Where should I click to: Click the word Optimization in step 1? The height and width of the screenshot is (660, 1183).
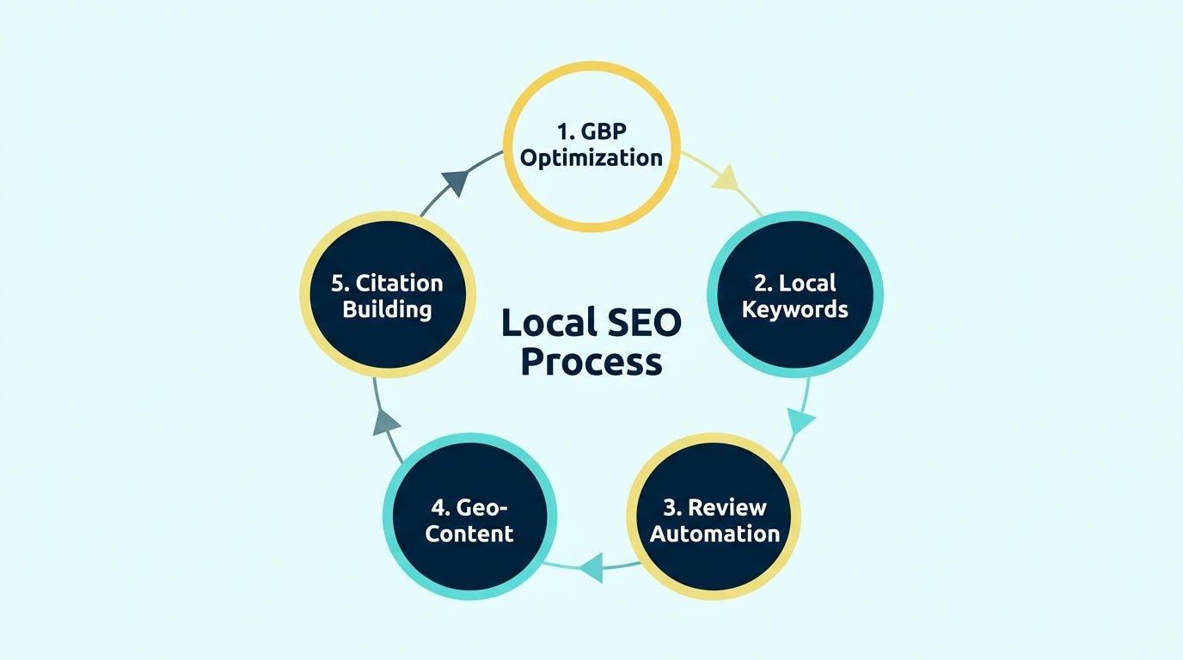point(591,159)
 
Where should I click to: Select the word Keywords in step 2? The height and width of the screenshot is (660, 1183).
point(794,309)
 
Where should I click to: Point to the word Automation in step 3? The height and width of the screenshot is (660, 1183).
point(714,534)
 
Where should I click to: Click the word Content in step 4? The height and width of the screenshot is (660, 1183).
point(469,534)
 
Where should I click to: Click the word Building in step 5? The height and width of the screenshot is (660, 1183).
point(387,309)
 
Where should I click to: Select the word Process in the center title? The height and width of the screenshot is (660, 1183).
point(591,361)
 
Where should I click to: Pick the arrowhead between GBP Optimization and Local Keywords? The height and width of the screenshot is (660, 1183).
point(725,178)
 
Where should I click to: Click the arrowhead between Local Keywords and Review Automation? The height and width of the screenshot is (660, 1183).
point(801,421)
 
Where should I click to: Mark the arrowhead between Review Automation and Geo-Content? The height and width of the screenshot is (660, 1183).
point(591,567)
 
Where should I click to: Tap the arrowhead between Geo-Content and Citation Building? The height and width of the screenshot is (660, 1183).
point(388,421)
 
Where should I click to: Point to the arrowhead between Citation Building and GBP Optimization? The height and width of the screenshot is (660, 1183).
point(455,182)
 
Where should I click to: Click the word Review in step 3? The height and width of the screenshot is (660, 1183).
point(727,507)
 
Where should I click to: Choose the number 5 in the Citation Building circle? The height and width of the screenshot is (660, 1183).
point(339,283)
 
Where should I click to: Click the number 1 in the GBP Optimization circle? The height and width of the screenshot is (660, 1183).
point(562,133)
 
